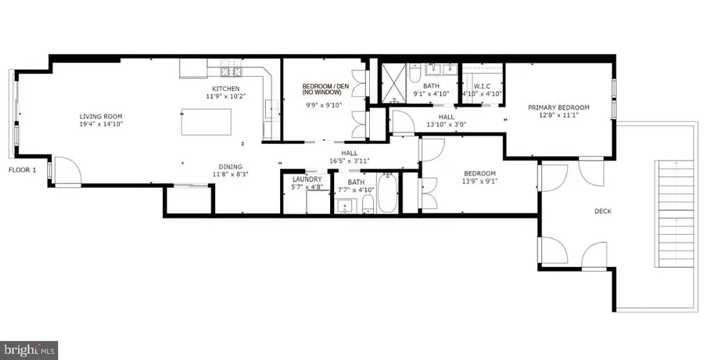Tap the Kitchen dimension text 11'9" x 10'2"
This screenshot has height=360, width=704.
225,97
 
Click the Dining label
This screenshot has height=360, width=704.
230,166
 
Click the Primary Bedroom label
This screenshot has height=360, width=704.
559,108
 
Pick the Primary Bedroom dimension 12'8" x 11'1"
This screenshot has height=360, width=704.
559,117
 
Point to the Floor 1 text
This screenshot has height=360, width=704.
23,170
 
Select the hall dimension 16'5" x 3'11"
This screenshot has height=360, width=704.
350,160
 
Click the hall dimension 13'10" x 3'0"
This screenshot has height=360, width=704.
446,124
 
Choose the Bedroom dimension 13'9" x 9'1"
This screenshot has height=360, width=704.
479,183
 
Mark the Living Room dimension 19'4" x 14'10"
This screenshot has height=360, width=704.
102,124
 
